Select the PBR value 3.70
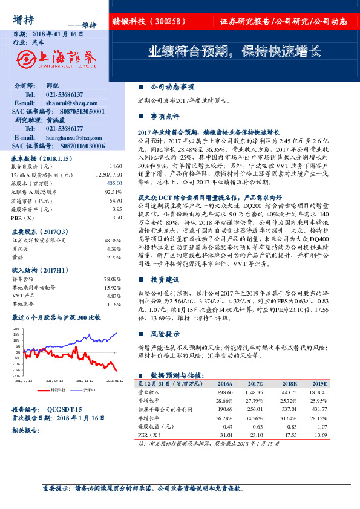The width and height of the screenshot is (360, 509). point(117,216)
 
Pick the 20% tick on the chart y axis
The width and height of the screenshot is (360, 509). point(17,329)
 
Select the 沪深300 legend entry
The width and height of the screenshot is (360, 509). point(90,390)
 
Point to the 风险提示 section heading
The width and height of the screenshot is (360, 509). point(165,333)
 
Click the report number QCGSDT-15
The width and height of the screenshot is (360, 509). point(65,409)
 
